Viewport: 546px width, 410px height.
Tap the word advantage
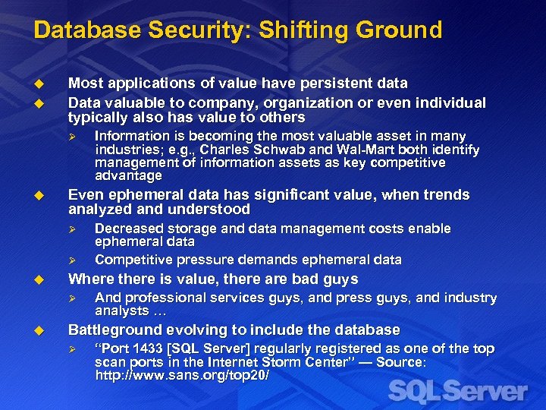[129, 175]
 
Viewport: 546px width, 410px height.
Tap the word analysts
[121, 311]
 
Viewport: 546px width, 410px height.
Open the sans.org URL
[182, 375]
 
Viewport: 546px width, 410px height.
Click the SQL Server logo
[457, 393]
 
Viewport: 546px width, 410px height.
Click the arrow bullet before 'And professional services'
[73, 298]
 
